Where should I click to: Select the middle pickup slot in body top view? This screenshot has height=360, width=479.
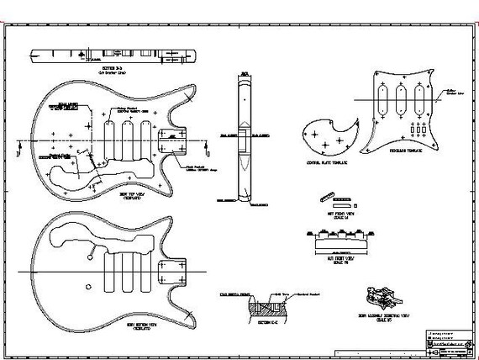[x=129, y=135]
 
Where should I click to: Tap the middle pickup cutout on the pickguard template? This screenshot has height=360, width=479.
[x=400, y=99]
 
